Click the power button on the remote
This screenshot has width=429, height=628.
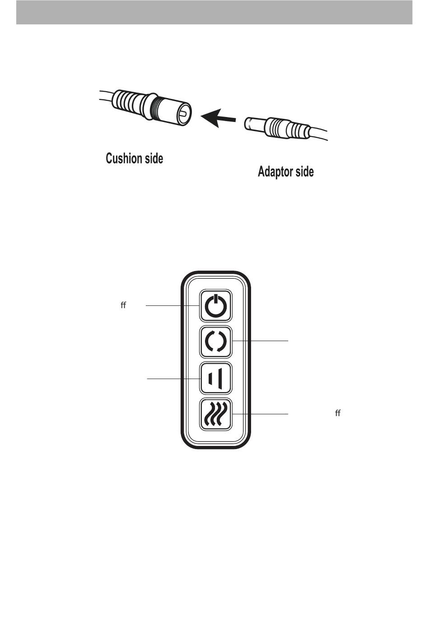[x=216, y=306]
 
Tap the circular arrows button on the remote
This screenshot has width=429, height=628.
[x=216, y=342]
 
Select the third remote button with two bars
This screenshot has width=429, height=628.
[x=216, y=378]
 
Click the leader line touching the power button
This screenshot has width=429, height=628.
[x=172, y=306]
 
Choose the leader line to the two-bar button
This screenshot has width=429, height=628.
[x=174, y=378]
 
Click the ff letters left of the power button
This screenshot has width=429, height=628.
[x=123, y=306]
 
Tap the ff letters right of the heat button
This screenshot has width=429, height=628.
[x=337, y=413]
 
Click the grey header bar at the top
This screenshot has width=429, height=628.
[x=214, y=12]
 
